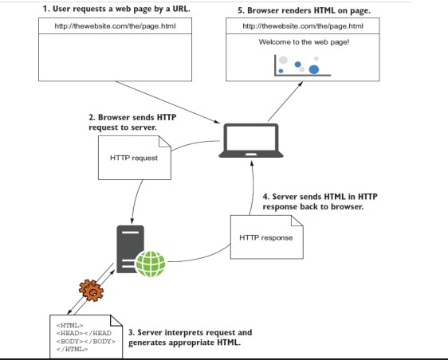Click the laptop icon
pos(251,140)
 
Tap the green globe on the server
pos(151,264)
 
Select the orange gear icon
pos(91,291)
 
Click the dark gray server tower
pos(130,249)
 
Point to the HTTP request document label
pos(134,158)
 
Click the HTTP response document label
pos(266,238)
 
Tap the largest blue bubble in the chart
pos(314,69)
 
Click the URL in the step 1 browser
pos(115,26)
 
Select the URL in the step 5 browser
pos(303,26)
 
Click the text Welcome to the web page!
pos(304,42)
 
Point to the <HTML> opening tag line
pos(69,326)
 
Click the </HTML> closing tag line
pos(72,349)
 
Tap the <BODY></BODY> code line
pos(86,342)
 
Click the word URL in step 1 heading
pos(181,9)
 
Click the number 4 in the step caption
pos(265,197)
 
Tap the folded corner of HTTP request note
pos(165,142)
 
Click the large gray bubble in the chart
pos(283,60)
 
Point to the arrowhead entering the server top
pos(132,221)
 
